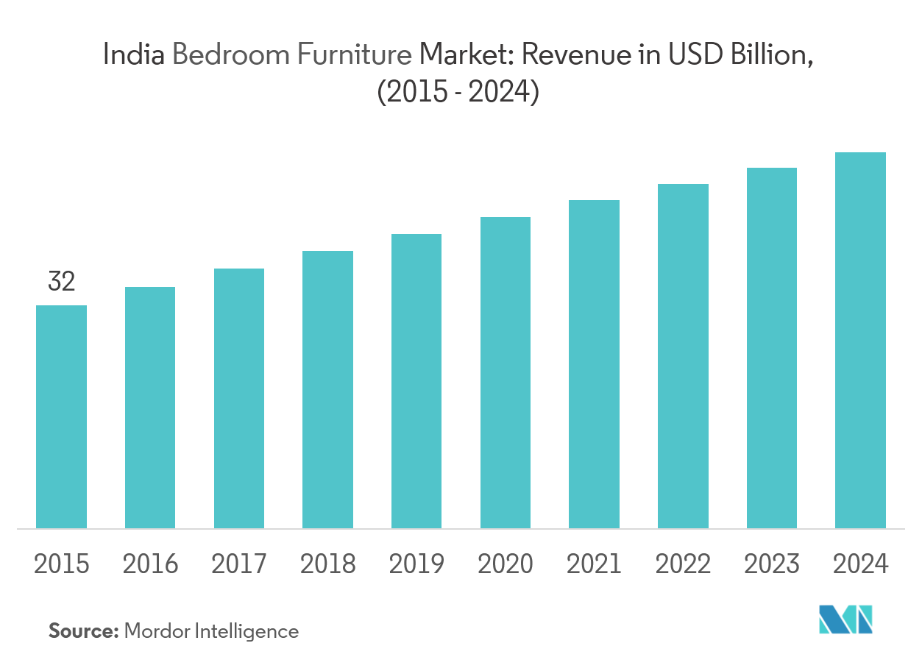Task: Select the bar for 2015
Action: coord(62,416)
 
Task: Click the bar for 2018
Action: coord(327,389)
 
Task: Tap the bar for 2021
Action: coord(594,364)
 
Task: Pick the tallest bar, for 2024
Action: coord(860,340)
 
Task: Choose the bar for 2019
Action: coord(416,381)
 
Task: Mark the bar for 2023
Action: coord(772,348)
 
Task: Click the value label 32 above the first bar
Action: coord(62,282)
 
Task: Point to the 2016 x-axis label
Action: coord(150,564)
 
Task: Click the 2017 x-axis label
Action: coord(239,564)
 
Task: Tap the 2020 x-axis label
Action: coord(505,564)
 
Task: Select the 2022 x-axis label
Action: coord(683,564)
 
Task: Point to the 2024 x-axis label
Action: coord(860,564)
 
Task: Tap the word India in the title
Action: coord(135,55)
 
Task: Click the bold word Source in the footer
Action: coord(83,631)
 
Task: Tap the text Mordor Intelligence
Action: coord(212,631)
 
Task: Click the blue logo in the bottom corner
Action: coord(846,619)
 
